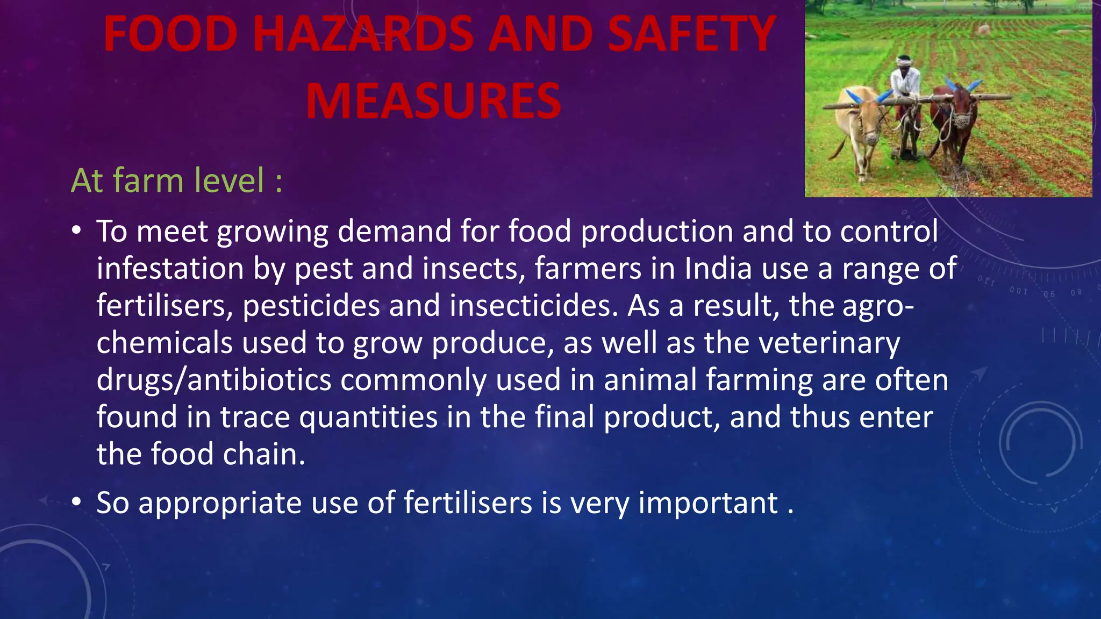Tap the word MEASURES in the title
(x=433, y=101)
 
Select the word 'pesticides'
(x=311, y=306)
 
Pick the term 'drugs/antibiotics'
(x=213, y=380)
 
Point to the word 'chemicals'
(x=165, y=343)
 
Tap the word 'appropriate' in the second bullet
(x=220, y=503)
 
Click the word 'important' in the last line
(x=708, y=503)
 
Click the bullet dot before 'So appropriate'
(x=77, y=502)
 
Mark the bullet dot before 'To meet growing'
(x=77, y=231)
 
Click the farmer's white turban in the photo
(x=905, y=61)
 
